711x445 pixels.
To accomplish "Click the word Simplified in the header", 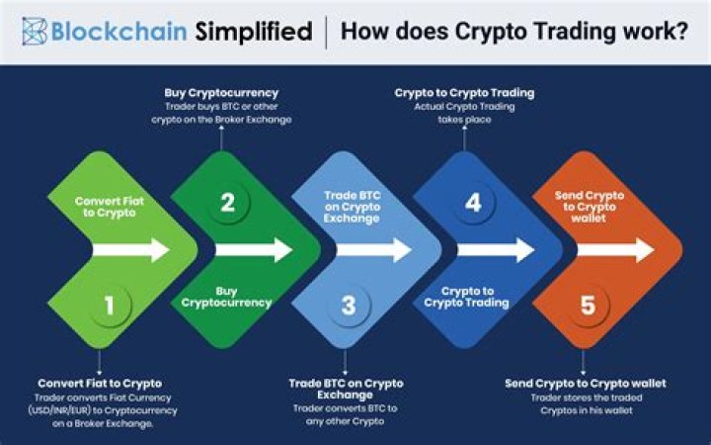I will tap(253, 31).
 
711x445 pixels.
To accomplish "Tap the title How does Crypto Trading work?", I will tap(514, 31).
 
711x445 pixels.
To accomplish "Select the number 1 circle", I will tap(109, 306).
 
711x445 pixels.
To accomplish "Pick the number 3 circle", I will tap(348, 306).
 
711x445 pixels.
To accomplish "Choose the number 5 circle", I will tap(588, 306).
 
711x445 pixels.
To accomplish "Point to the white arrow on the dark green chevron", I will tap(253, 249).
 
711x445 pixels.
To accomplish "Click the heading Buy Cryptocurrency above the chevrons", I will tap(221, 93).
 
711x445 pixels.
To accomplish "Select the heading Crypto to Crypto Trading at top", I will tap(464, 93).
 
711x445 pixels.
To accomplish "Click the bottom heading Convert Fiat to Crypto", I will tap(100, 383).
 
